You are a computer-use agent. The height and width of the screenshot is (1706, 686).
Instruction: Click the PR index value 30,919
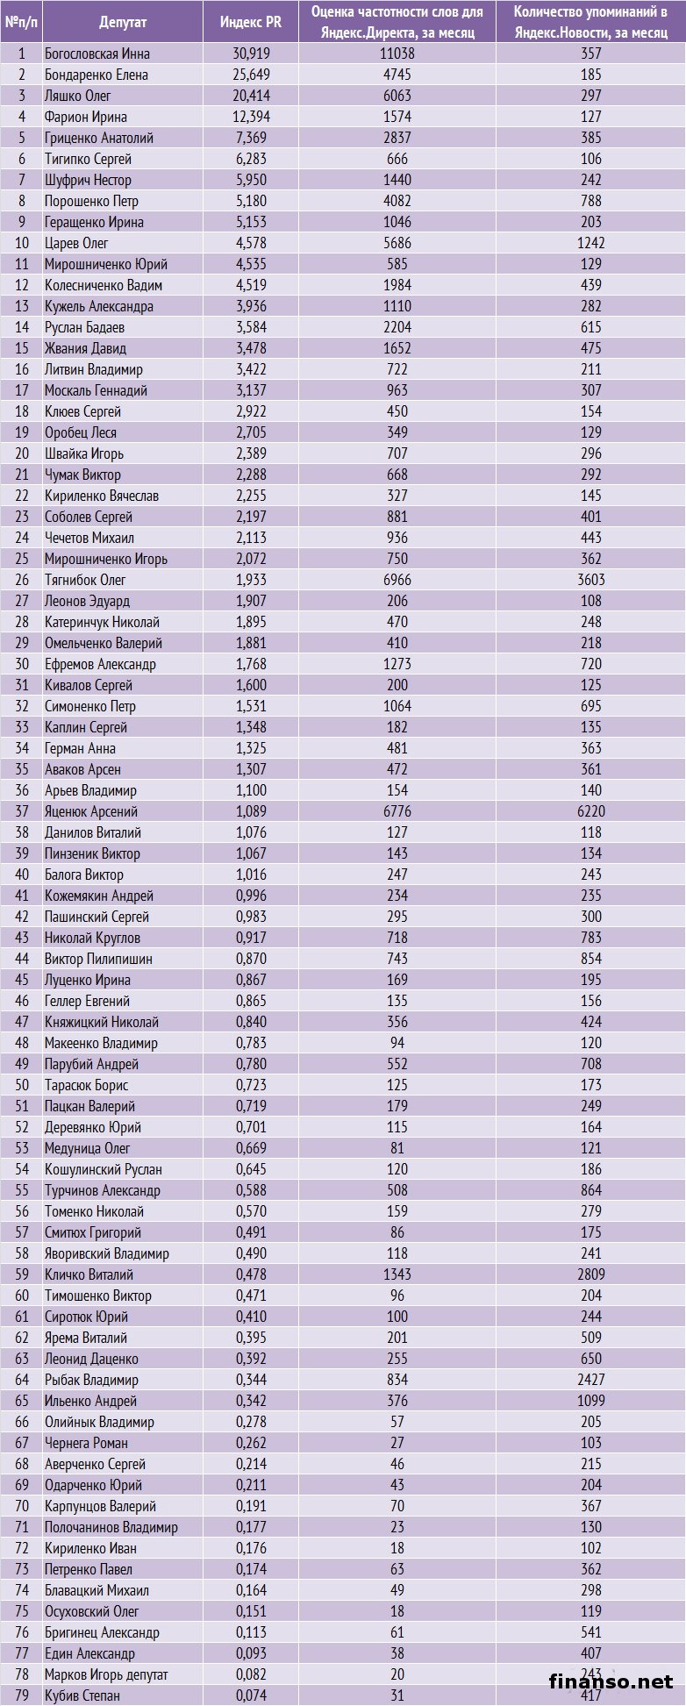(x=253, y=54)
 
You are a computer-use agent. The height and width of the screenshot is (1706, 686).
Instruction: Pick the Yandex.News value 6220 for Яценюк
(x=591, y=811)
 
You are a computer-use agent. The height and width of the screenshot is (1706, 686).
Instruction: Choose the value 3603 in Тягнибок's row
(x=591, y=580)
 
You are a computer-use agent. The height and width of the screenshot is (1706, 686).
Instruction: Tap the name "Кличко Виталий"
(x=89, y=1274)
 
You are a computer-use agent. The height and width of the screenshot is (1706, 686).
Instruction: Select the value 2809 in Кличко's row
(x=591, y=1274)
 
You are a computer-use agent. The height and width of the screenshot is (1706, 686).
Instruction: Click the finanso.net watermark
(x=611, y=1681)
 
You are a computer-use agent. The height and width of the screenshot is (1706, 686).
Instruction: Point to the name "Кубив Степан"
(x=82, y=1695)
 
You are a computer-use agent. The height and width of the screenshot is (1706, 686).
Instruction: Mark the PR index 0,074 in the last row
(x=252, y=1695)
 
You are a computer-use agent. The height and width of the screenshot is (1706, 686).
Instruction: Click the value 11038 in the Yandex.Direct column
(x=397, y=54)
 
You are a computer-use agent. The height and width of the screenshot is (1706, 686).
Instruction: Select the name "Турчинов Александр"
(x=102, y=1190)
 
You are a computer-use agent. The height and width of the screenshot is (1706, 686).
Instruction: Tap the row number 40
(x=22, y=874)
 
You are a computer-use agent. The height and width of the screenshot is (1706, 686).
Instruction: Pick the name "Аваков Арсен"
(x=82, y=769)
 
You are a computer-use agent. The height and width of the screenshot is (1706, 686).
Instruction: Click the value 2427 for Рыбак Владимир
(x=591, y=1380)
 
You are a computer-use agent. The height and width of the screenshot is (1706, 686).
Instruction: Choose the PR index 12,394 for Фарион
(x=253, y=117)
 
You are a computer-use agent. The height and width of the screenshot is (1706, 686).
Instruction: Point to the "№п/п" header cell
(x=22, y=22)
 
